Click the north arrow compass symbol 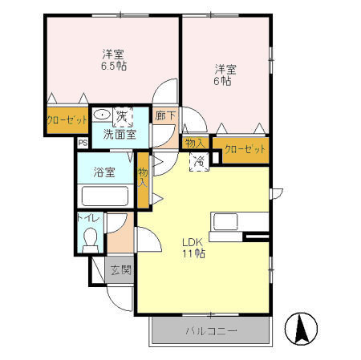[x=301, y=329]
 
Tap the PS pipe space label [x=83, y=143]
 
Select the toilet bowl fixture [x=90, y=240]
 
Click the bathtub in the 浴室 [x=105, y=196]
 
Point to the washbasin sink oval [x=103, y=115]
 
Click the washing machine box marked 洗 [x=123, y=117]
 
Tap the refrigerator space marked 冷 [x=199, y=161]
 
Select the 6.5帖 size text [x=114, y=66]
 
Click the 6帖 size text [x=222, y=81]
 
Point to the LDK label [x=192, y=243]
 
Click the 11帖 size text [x=194, y=253]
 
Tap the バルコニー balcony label [x=211, y=331]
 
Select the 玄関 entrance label [x=121, y=270]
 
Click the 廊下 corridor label [x=165, y=115]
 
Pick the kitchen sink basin [x=225, y=222]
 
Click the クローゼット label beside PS [x=67, y=120]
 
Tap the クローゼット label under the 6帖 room [x=245, y=149]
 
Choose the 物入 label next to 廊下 [x=195, y=144]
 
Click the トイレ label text [x=88, y=218]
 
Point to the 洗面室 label [x=120, y=135]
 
